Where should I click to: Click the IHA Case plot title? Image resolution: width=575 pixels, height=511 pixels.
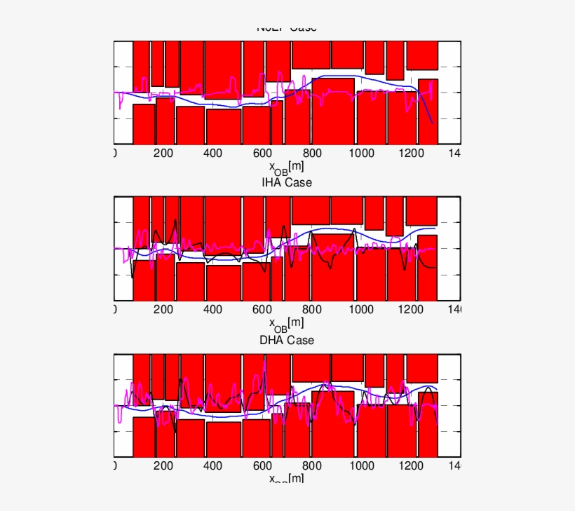(x=286, y=182)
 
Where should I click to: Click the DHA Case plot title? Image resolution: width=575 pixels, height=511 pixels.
(x=286, y=340)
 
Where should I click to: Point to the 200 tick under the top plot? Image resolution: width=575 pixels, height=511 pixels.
(x=163, y=154)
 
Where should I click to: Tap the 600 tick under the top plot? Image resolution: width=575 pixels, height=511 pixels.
(x=262, y=154)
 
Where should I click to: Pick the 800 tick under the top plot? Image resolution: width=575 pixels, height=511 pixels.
(x=311, y=154)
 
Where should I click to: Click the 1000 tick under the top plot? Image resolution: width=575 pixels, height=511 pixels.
(x=360, y=154)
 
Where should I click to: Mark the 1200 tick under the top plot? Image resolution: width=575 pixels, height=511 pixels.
(x=410, y=154)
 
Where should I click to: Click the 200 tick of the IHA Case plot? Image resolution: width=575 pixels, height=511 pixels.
(x=163, y=309)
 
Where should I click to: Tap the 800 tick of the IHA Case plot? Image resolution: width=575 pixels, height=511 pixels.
(x=311, y=309)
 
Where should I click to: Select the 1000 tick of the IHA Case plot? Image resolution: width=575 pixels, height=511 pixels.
(x=360, y=309)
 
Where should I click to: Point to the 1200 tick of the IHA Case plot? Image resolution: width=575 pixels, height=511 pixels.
(x=410, y=309)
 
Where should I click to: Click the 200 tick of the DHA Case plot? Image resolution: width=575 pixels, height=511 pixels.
(x=163, y=466)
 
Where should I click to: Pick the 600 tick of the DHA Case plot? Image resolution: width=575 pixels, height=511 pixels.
(x=262, y=466)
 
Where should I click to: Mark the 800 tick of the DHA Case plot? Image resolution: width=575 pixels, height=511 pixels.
(x=311, y=466)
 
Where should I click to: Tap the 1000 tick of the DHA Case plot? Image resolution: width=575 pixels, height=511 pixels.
(x=360, y=466)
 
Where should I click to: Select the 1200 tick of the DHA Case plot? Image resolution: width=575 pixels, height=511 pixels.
(x=410, y=466)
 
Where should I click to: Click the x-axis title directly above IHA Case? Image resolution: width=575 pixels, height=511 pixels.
(x=286, y=168)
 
